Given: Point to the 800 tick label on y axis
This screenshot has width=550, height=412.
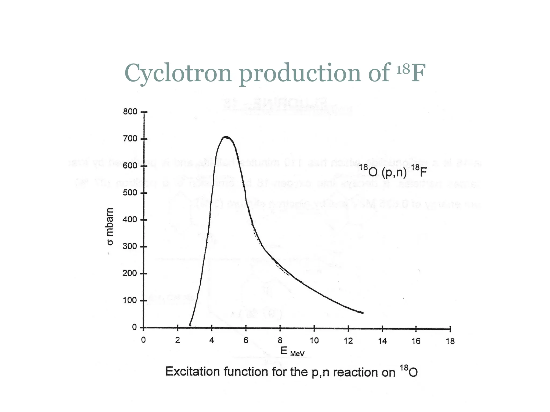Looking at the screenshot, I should click(130, 112).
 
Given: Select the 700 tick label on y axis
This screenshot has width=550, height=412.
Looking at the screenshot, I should click(130, 139).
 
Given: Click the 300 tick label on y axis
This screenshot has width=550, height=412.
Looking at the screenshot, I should click(130, 246).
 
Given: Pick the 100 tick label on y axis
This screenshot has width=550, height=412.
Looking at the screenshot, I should click(130, 300).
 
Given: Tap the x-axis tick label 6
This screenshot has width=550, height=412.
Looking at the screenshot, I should click(246, 341).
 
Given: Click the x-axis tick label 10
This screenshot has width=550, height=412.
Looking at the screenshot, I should click(314, 341).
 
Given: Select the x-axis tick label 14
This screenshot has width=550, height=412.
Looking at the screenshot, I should click(382, 341).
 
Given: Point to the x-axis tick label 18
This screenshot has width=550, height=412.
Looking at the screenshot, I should click(450, 341).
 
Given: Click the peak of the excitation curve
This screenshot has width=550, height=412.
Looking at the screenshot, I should click(226, 137).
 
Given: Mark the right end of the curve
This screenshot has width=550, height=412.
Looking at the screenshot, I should click(363, 312).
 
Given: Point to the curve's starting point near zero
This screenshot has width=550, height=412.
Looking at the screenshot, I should click(190, 325).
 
